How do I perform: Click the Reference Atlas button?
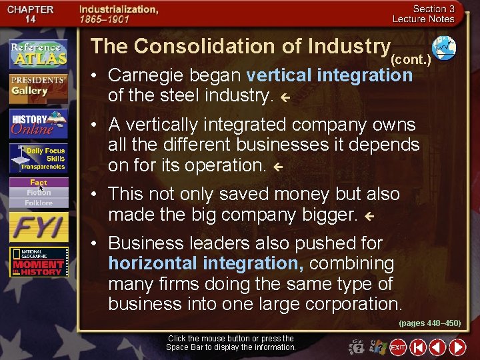pyautogui.click(x=39, y=54)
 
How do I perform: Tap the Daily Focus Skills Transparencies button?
pyautogui.click(x=39, y=159)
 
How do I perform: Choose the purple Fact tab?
pyautogui.click(x=39, y=183)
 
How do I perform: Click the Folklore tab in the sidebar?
pyautogui.click(x=39, y=202)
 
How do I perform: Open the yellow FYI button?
pyautogui.click(x=39, y=227)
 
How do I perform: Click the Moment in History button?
pyautogui.click(x=39, y=262)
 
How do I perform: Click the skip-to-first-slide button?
pyautogui.click(x=418, y=347)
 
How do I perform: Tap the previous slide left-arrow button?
pyautogui.click(x=437, y=347)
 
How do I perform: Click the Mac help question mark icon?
pyautogui.click(x=357, y=347)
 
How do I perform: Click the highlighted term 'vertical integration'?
pyautogui.click(x=329, y=75)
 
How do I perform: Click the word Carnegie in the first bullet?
pyautogui.click(x=142, y=75)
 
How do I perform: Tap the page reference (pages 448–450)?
pyautogui.click(x=429, y=323)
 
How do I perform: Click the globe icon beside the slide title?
pyautogui.click(x=444, y=47)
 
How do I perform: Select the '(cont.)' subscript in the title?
pyautogui.click(x=412, y=59)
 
